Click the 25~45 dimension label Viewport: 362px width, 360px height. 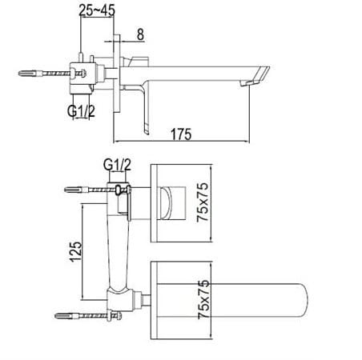pos(100,11)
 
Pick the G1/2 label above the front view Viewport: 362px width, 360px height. pos(116,166)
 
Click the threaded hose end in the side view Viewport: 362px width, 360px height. pos(29,74)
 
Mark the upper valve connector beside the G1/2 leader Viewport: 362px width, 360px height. pos(120,191)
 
